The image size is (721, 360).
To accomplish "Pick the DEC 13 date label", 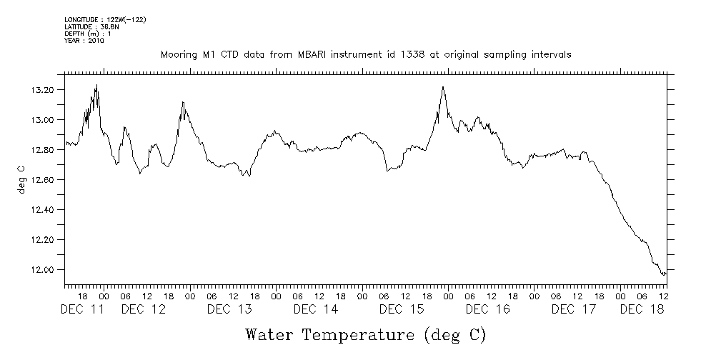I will tap(229, 309).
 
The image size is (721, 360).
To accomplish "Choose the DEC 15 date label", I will tap(402, 309).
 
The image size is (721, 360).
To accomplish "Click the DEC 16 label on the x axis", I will tap(487, 309).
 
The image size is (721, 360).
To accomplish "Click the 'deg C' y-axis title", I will tap(21, 180).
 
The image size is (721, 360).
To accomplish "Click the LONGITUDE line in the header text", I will tap(105, 19).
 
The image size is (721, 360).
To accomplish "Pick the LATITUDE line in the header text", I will tap(91, 26).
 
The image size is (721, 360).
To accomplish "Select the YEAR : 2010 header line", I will tap(84, 41).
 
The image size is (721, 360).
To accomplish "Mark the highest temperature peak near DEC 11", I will tap(96, 85).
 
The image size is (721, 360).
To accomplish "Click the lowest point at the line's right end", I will tap(664, 275).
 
